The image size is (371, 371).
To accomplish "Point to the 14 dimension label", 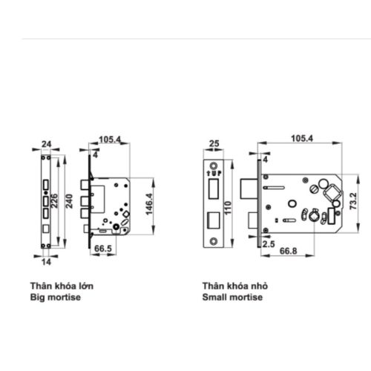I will pyautogui.click(x=46, y=261).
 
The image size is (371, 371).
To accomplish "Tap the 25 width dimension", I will pyautogui.click(x=214, y=145).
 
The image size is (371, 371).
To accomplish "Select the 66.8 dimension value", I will pyautogui.click(x=289, y=252).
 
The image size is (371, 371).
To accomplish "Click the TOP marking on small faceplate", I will pyautogui.click(x=214, y=173).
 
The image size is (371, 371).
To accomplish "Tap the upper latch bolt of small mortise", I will pyautogui.click(x=251, y=184).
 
